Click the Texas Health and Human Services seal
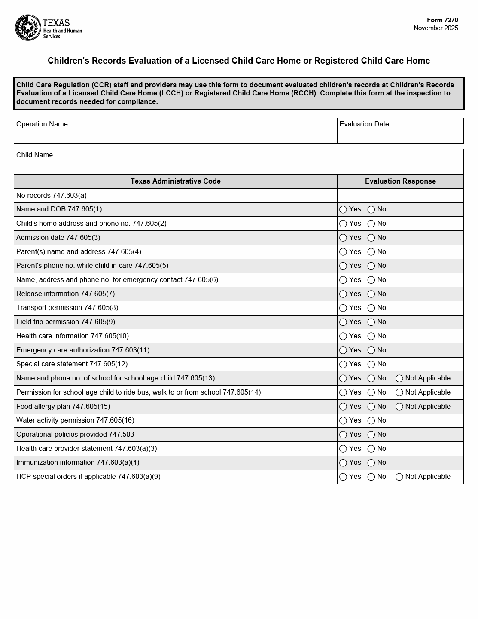(x=28, y=28)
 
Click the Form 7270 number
(x=442, y=20)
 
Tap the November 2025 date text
(x=435, y=28)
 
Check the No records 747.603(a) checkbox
(x=344, y=196)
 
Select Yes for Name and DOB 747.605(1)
(x=343, y=210)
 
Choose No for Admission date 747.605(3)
(x=371, y=238)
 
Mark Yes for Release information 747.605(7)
(x=343, y=294)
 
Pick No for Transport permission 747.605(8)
(x=371, y=308)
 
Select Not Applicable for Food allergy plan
(x=399, y=407)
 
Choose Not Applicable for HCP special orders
(x=399, y=477)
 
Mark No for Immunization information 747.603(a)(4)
(x=371, y=463)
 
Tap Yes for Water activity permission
(x=343, y=421)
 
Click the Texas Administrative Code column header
(x=175, y=181)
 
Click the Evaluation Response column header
(x=400, y=181)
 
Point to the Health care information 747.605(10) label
(x=73, y=336)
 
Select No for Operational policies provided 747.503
(x=371, y=435)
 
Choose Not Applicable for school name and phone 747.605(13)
(x=399, y=379)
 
